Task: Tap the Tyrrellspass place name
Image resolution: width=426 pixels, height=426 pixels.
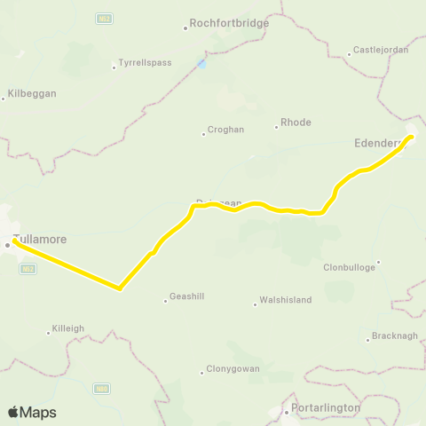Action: (x=145, y=64)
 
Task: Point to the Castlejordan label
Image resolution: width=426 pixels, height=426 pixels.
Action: (x=381, y=50)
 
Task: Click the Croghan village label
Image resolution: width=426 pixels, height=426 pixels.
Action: (x=225, y=130)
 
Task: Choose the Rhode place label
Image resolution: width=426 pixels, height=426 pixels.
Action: (x=296, y=122)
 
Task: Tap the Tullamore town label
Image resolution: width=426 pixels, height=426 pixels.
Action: (x=40, y=240)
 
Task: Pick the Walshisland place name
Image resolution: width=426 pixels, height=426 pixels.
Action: (x=285, y=300)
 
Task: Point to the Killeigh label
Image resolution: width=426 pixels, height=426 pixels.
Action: (x=67, y=328)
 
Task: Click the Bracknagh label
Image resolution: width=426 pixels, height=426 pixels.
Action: (x=394, y=337)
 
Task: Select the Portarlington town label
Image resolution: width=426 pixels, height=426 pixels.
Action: (x=327, y=407)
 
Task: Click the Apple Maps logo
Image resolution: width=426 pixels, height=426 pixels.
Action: (x=32, y=412)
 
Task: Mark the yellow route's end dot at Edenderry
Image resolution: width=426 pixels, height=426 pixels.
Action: (x=410, y=137)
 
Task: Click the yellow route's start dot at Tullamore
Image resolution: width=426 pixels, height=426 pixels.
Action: (x=16, y=240)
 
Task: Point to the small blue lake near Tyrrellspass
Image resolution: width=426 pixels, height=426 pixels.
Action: (x=202, y=64)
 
